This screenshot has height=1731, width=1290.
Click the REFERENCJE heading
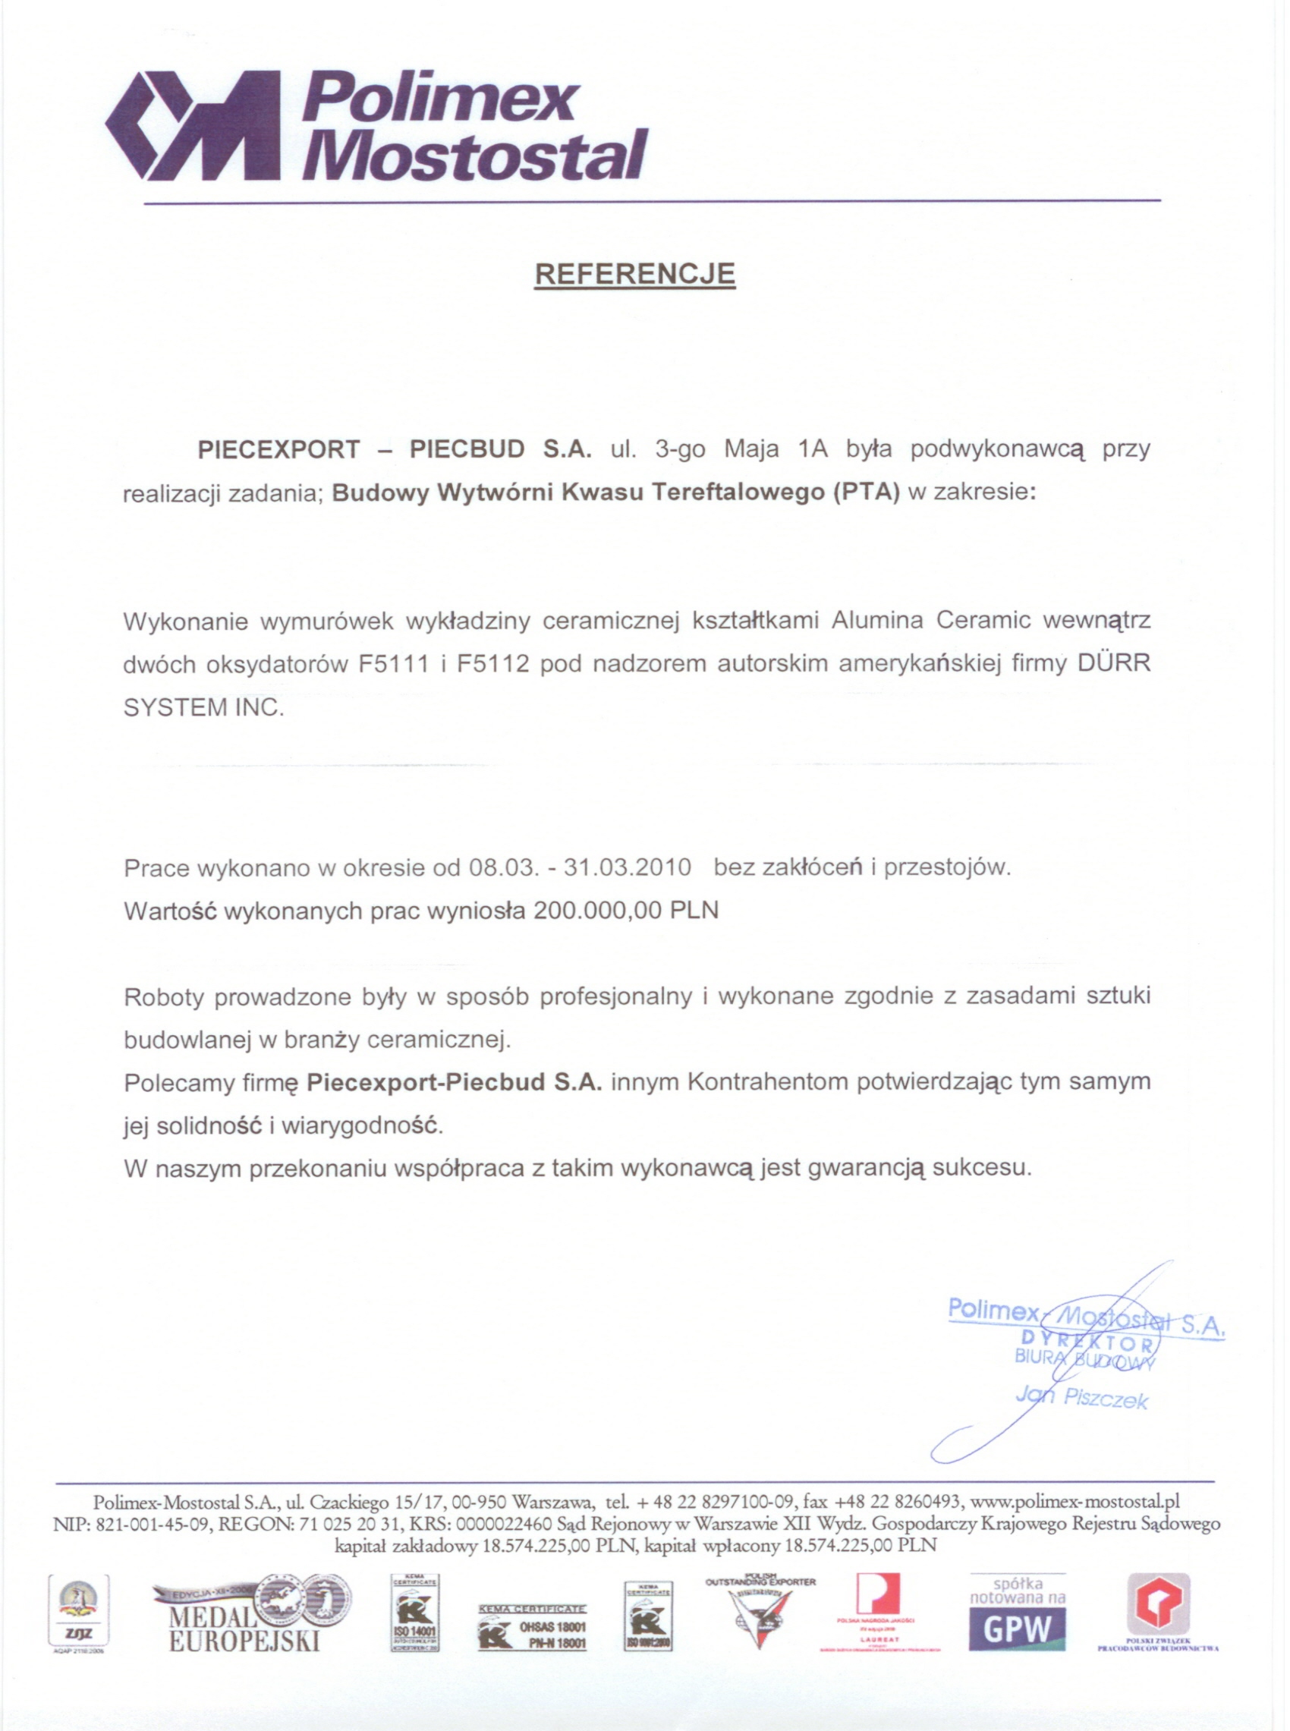(x=634, y=274)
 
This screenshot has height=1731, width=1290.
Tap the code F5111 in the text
(x=394, y=665)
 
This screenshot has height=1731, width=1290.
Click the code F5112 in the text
(x=493, y=665)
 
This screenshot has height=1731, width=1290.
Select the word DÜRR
(x=1113, y=665)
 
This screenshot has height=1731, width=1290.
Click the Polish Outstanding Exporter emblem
(x=760, y=1613)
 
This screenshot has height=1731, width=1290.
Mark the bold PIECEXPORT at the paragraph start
(x=278, y=450)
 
